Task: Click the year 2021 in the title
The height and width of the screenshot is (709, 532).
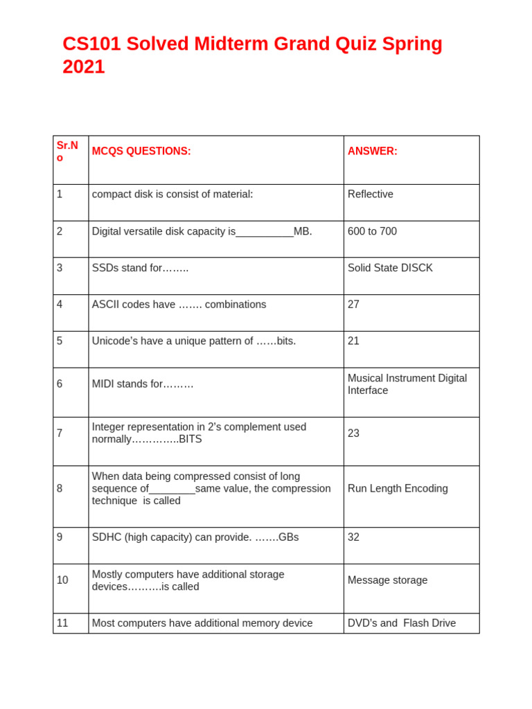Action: (x=84, y=67)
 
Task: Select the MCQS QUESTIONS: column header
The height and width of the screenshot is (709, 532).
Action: (x=141, y=151)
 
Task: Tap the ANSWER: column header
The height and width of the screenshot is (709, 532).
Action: (x=372, y=151)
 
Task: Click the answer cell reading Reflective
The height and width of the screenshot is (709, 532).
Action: (x=370, y=194)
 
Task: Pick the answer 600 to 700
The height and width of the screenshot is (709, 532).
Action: (x=372, y=231)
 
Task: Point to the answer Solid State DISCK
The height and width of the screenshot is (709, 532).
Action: (x=390, y=268)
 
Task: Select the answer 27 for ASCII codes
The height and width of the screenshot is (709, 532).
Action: (x=353, y=305)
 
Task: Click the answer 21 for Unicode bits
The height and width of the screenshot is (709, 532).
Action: (x=353, y=341)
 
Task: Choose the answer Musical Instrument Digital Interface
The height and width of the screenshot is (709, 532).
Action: (x=407, y=384)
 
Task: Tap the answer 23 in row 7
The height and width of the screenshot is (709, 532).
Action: (x=353, y=433)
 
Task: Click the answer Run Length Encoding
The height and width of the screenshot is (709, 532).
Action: (x=398, y=489)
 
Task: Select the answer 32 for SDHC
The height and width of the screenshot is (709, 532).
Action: (x=353, y=537)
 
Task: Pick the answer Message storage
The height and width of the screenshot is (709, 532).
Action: (x=387, y=580)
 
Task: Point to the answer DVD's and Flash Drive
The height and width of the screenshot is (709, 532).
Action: (x=401, y=623)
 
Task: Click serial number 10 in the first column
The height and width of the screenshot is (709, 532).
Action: (x=62, y=580)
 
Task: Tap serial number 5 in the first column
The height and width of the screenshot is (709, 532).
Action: (x=60, y=341)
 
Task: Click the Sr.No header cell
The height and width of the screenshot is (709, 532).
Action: (x=67, y=151)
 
